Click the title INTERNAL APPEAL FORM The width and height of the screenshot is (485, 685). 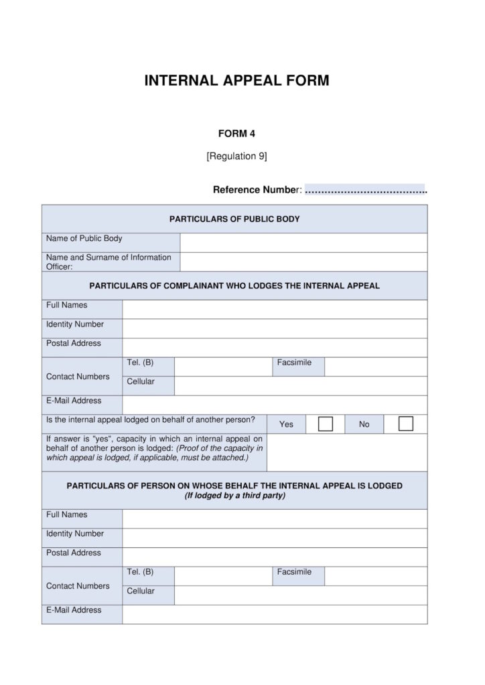click(x=236, y=81)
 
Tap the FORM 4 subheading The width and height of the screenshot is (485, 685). click(x=236, y=133)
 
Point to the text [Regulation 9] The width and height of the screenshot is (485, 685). click(x=236, y=157)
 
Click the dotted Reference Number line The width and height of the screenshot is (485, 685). click(x=366, y=190)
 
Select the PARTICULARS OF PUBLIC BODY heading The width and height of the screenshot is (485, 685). click(x=234, y=219)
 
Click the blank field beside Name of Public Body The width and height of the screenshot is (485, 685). click(x=303, y=242)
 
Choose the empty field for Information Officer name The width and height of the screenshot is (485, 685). click(x=303, y=262)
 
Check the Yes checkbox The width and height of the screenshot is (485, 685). click(x=326, y=424)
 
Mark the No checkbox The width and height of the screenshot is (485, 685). click(x=405, y=424)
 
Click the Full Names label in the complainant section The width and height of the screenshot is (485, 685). click(x=67, y=305)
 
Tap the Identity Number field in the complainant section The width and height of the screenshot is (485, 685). click(x=274, y=328)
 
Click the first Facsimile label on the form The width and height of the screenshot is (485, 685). click(x=294, y=363)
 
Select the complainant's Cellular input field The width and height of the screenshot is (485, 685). click(x=300, y=385)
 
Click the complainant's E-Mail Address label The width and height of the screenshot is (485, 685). click(x=74, y=401)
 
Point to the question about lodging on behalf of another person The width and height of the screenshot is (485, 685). click(x=151, y=420)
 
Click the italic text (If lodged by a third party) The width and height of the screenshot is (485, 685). click(x=234, y=496)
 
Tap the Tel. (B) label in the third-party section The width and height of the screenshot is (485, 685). click(x=140, y=572)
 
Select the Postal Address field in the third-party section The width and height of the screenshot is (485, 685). click(x=274, y=557)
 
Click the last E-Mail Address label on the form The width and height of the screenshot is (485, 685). click(x=74, y=610)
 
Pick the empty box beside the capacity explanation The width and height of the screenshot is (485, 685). click(x=346, y=452)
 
